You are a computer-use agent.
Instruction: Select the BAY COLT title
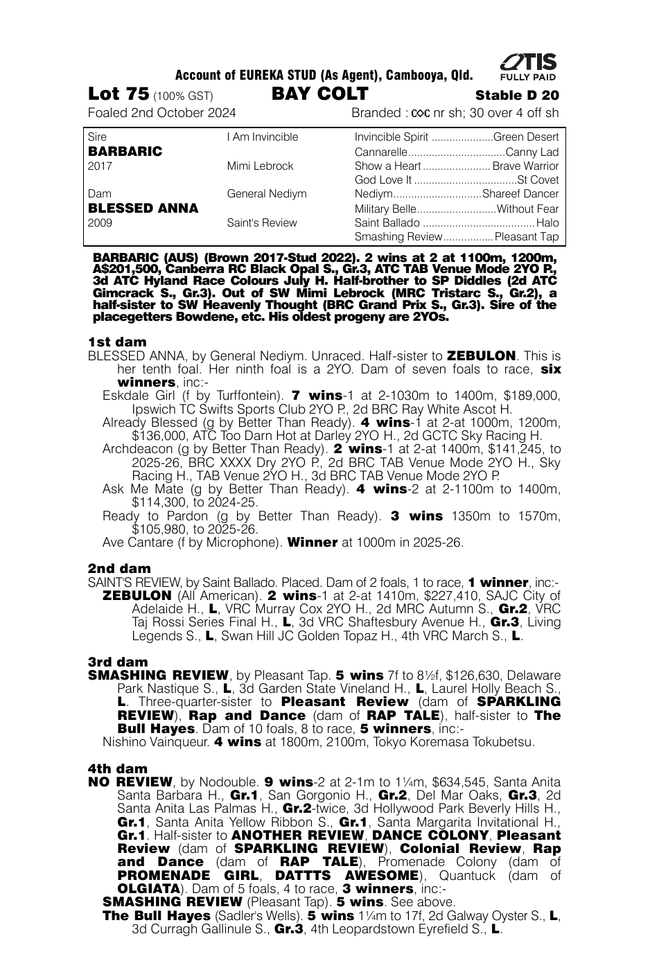(319, 94)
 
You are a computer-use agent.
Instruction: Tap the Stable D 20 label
(517, 96)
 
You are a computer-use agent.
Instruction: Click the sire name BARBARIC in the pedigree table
(125, 151)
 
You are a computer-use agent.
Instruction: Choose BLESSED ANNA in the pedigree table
(143, 208)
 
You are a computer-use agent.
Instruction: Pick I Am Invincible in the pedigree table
(263, 137)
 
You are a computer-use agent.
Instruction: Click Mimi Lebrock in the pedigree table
(260, 166)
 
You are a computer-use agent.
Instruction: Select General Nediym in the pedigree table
(267, 194)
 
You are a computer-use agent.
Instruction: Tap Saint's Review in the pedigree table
(262, 223)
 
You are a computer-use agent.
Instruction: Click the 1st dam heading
(117, 342)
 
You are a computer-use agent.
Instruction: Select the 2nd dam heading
(119, 569)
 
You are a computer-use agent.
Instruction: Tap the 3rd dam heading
(118, 662)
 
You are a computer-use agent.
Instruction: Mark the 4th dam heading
(118, 768)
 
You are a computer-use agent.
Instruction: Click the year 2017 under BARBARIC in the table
(100, 166)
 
